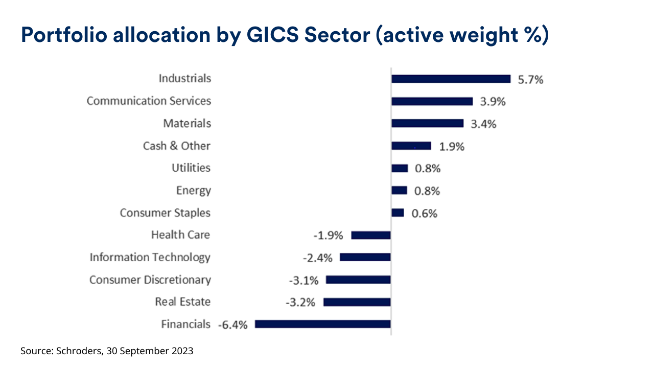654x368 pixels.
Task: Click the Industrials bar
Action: click(451, 79)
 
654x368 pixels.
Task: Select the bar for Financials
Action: click(322, 324)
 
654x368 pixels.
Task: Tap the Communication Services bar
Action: click(432, 101)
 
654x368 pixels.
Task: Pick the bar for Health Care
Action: click(371, 235)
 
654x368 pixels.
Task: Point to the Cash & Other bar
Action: click(411, 146)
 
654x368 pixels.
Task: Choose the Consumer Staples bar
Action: click(398, 213)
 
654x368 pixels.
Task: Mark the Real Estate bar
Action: click(357, 302)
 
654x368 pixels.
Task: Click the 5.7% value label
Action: click(530, 80)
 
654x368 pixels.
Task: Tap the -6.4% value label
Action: click(232, 325)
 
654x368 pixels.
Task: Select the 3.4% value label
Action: click(483, 124)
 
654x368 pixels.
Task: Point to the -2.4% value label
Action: click(318, 258)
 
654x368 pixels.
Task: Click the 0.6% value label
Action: click(425, 214)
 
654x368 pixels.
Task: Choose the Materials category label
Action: click(187, 124)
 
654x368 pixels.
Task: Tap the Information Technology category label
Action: click(150, 258)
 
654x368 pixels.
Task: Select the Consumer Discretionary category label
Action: click(150, 280)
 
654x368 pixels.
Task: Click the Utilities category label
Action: click(191, 168)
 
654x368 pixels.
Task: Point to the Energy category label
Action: click(193, 191)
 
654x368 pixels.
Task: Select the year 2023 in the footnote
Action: click(181, 351)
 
